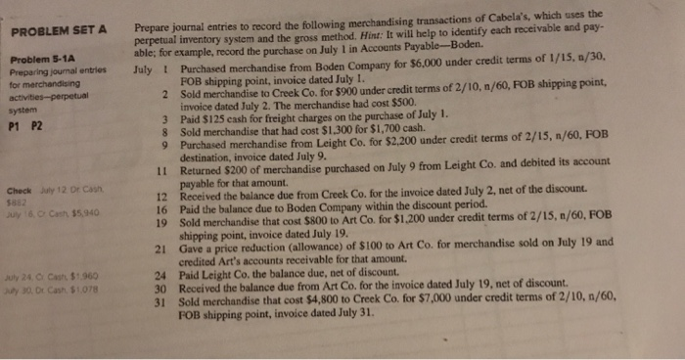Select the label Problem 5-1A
tap(37, 59)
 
